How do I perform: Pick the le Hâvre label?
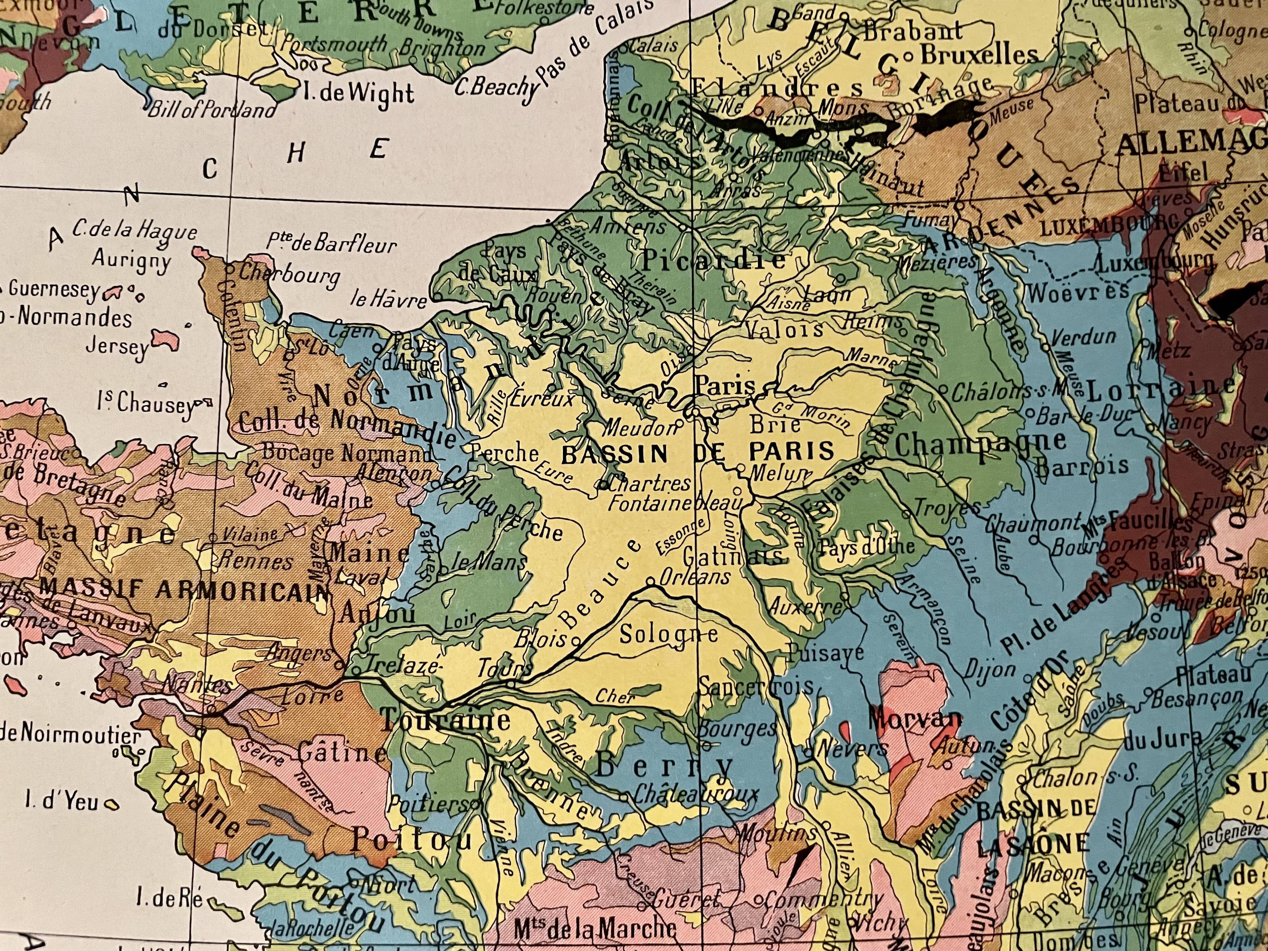pos(389,300)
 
